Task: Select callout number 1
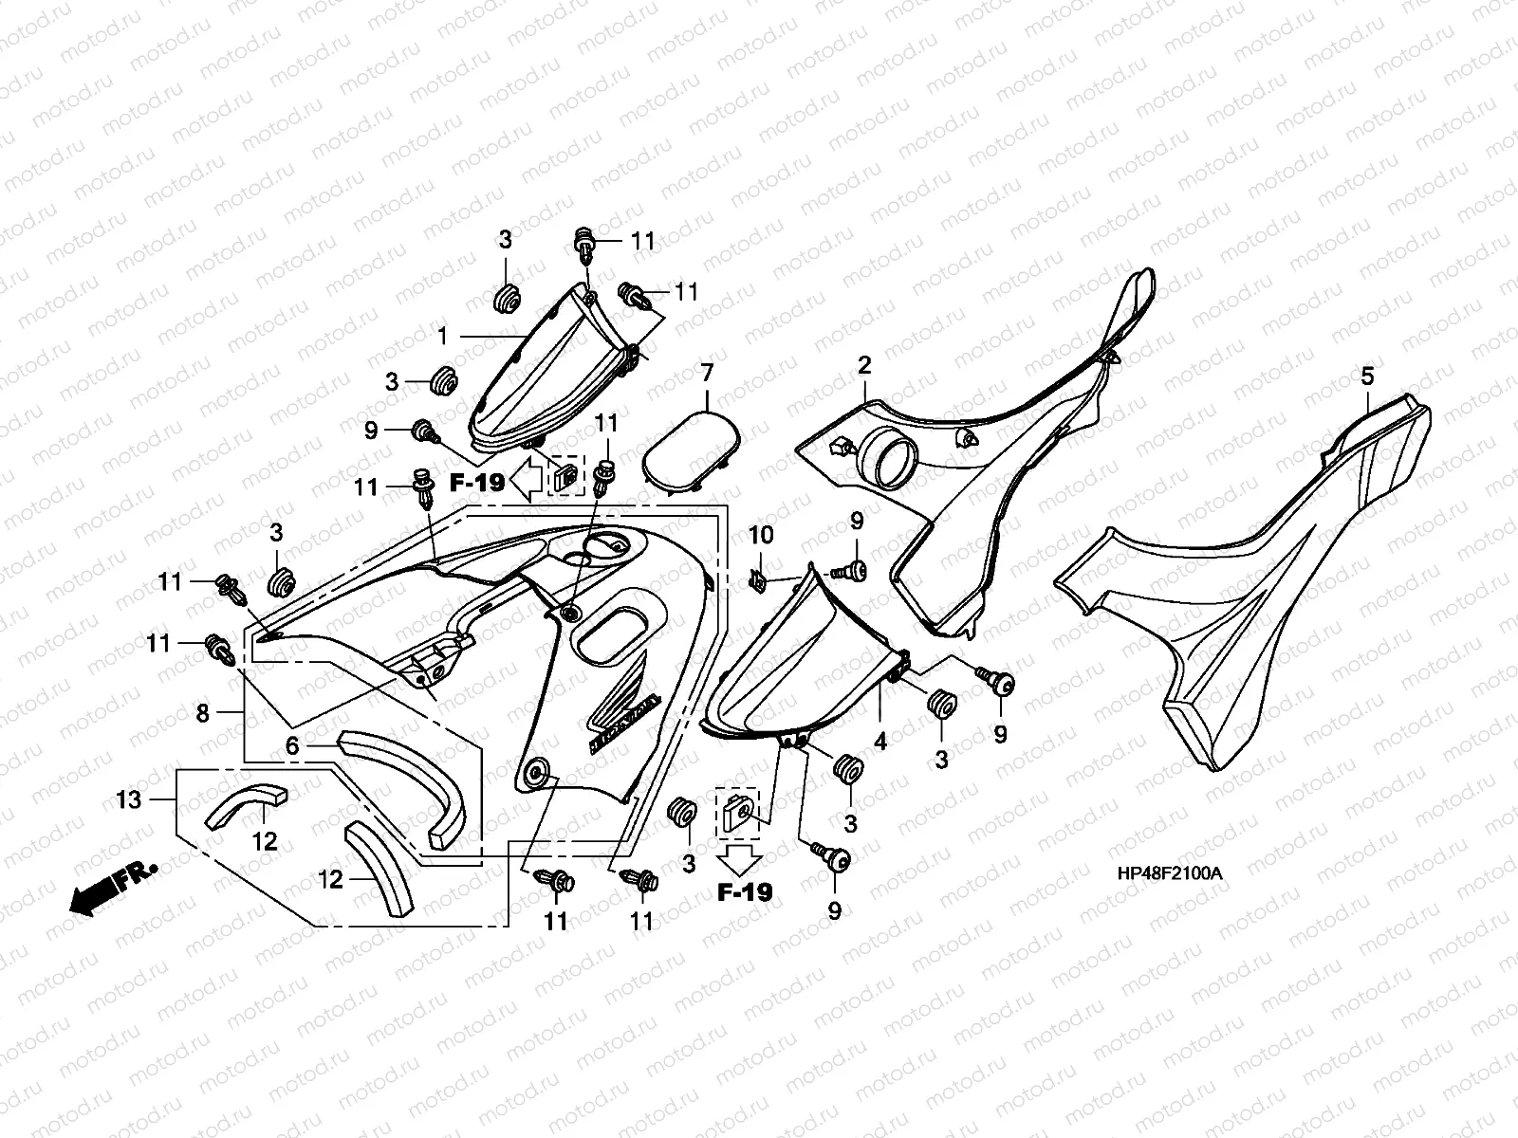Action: pyautogui.click(x=443, y=336)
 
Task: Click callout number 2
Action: pyautogui.click(x=864, y=365)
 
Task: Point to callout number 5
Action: pyautogui.click(x=1366, y=376)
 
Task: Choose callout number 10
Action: pyautogui.click(x=761, y=537)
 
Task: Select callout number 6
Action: pyautogui.click(x=293, y=746)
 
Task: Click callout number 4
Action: pyautogui.click(x=880, y=742)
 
